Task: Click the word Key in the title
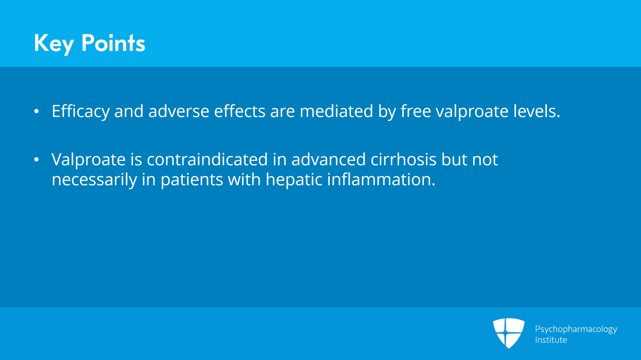(x=54, y=43)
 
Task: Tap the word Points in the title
(x=113, y=43)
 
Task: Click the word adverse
(x=179, y=111)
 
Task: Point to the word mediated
(x=336, y=111)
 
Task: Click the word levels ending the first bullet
(x=536, y=111)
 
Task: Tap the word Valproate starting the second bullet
(x=89, y=160)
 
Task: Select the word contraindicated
(x=207, y=160)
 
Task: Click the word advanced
(x=328, y=160)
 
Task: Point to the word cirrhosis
(x=403, y=160)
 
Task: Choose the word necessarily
(x=94, y=180)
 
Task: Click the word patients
(x=191, y=180)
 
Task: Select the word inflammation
(x=381, y=180)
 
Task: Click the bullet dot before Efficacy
(x=36, y=112)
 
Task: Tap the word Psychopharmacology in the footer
(x=576, y=329)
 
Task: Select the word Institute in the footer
(x=551, y=340)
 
